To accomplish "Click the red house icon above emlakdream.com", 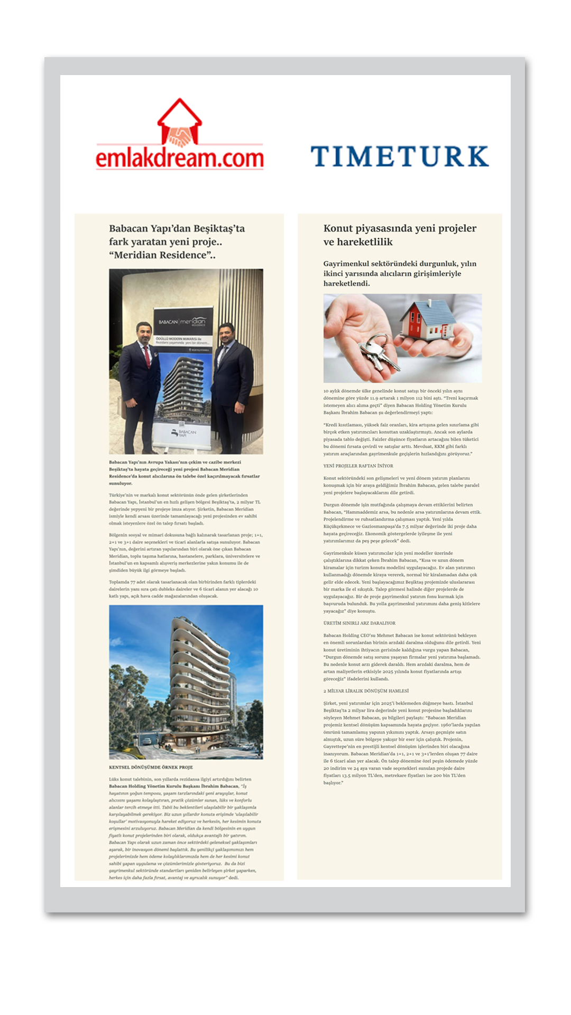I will point(180,122).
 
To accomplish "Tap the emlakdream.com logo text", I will point(180,158).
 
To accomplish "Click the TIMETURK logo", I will point(399,156).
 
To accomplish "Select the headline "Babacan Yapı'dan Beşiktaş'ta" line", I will point(177,228).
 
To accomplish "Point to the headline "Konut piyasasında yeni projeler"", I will point(400,228).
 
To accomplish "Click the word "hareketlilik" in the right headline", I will point(358,242).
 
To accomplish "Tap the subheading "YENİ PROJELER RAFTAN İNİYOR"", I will point(358,466).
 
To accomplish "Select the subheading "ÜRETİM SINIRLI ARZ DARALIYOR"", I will point(359,623).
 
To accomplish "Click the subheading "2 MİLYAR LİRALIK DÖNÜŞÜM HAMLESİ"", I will point(366,691).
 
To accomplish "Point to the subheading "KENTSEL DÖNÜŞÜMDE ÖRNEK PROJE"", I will point(151,767).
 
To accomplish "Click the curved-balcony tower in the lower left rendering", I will point(198,682).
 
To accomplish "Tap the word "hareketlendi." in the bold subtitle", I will point(346,283).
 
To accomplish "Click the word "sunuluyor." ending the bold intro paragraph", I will point(121,483).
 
